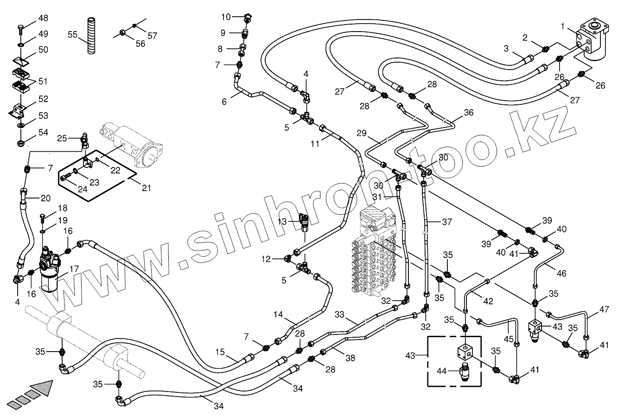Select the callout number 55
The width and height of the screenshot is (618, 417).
(x=73, y=35)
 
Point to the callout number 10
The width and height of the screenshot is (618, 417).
(x=226, y=17)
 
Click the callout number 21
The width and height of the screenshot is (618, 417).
(x=147, y=188)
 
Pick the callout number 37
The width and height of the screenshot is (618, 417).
(x=446, y=222)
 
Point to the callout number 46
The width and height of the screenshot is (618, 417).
(x=561, y=273)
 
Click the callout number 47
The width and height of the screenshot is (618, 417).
(x=604, y=310)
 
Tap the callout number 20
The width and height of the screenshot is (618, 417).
(x=45, y=198)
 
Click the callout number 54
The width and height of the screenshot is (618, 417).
(x=43, y=133)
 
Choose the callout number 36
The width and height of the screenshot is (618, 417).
(x=469, y=112)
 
